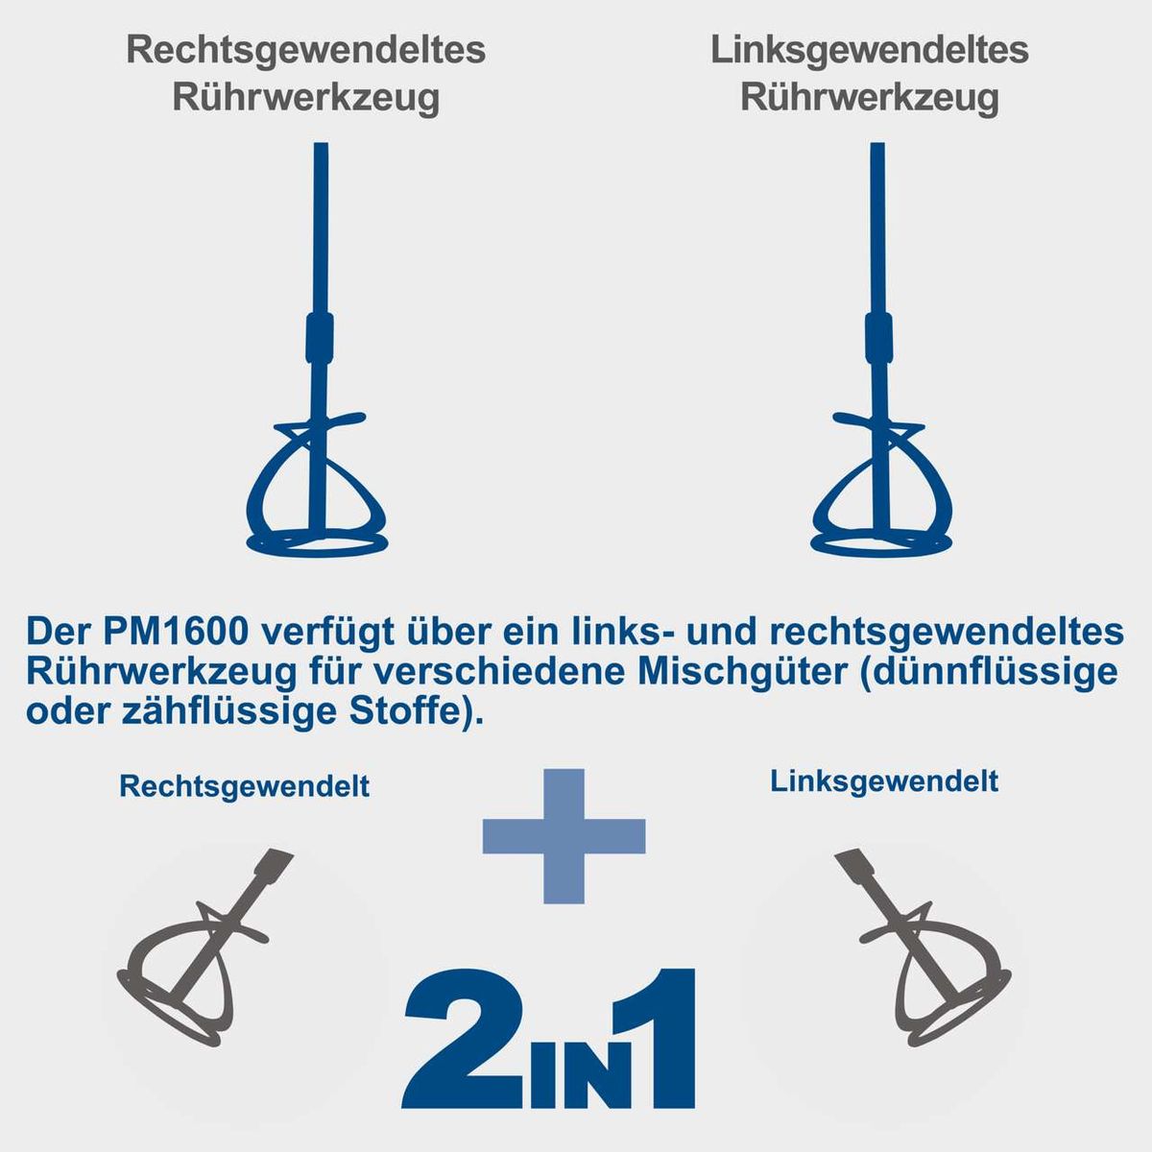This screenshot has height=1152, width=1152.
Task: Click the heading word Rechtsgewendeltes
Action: (x=306, y=51)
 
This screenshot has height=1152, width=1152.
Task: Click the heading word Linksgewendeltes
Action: (x=870, y=51)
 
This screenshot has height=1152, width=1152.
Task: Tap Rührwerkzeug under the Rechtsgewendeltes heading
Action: (x=306, y=98)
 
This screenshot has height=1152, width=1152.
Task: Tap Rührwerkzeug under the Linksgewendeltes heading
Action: (x=870, y=98)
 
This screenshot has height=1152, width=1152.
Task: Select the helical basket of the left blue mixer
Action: (x=317, y=490)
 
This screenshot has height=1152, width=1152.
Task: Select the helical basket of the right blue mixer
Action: (x=880, y=490)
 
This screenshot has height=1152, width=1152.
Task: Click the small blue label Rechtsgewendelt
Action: (x=244, y=787)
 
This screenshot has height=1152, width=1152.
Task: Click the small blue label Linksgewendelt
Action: (x=884, y=781)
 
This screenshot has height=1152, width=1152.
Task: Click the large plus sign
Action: (x=564, y=836)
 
